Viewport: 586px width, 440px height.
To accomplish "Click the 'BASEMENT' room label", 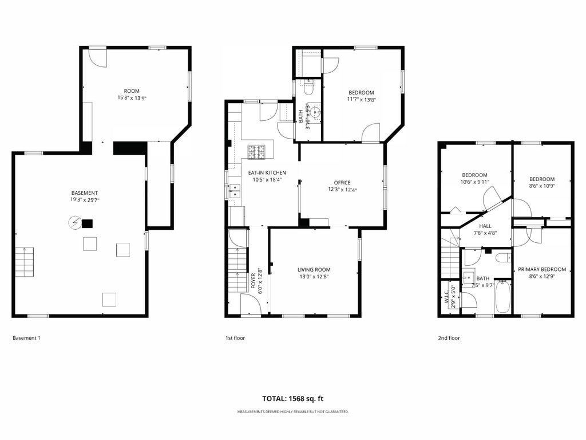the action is [85, 193].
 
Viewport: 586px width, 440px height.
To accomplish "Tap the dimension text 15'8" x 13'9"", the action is [132, 98].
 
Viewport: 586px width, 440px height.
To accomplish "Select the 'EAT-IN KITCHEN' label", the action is [267, 172].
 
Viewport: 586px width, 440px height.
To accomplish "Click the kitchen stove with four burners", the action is [256, 151].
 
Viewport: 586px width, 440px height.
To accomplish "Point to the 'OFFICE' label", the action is [342, 183].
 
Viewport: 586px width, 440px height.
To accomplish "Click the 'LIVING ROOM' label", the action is [314, 269].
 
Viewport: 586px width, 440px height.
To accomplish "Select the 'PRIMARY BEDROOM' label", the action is [542, 269].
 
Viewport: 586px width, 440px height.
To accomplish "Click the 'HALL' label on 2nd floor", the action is [485, 226].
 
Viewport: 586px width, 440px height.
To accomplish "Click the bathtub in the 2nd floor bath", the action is [502, 297].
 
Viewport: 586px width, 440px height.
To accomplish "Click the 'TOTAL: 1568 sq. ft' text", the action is [292, 399].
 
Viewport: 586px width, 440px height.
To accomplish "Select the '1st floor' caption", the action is [235, 338].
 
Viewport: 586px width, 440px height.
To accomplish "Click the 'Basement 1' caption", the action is [26, 338].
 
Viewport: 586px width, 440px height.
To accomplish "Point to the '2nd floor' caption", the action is [449, 338].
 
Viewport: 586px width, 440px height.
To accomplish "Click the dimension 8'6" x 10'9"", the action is [542, 186].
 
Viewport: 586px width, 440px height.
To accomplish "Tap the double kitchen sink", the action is [235, 190].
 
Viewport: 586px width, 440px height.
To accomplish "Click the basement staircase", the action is [25, 262].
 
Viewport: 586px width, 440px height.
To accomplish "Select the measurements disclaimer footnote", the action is [293, 411].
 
